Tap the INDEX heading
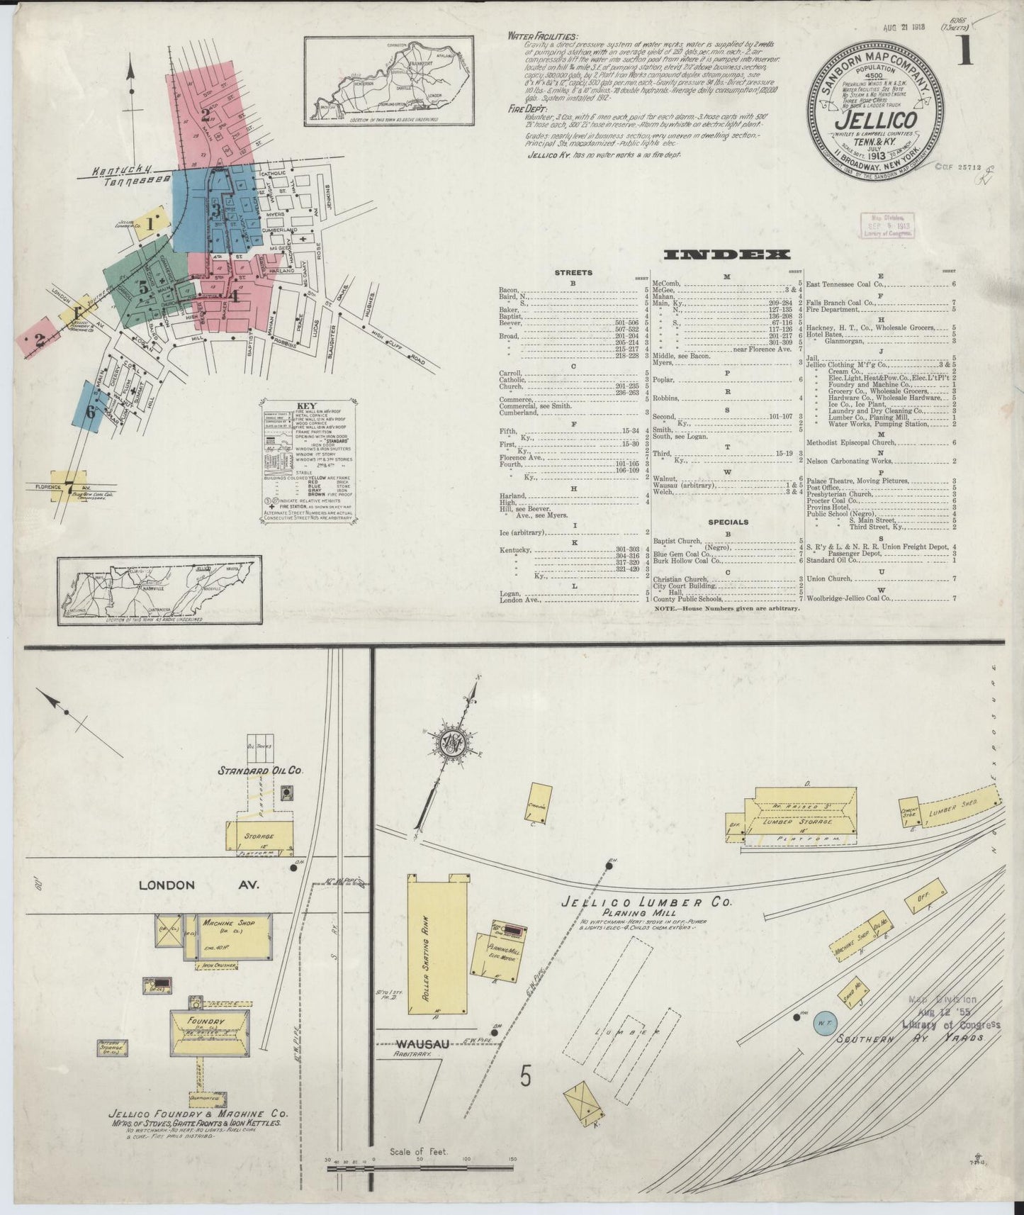(x=727, y=254)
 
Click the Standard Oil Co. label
(x=260, y=771)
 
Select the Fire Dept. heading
(x=525, y=109)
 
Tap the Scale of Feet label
(x=419, y=1151)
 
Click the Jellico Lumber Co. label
(x=645, y=904)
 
